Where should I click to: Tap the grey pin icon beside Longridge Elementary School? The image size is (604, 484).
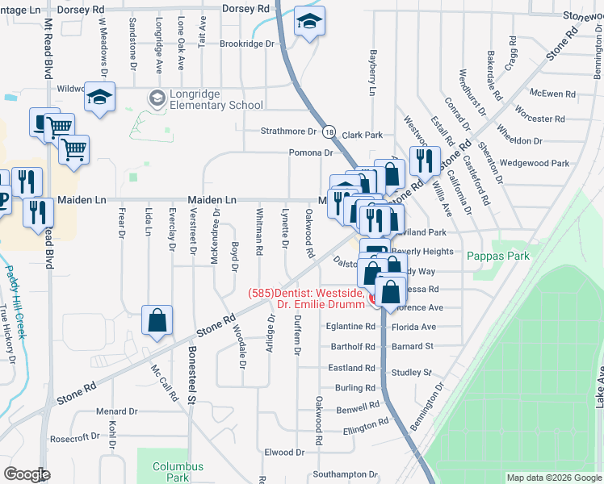point(157,99)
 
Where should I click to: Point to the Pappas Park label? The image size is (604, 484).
point(498,255)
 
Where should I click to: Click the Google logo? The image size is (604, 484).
point(27,474)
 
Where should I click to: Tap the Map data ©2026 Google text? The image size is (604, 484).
point(553,478)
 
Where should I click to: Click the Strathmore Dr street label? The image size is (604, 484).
point(288,131)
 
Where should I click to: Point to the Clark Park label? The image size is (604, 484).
point(362,135)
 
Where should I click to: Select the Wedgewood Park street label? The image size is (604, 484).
point(535,162)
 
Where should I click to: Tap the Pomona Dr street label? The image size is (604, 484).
point(311,152)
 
